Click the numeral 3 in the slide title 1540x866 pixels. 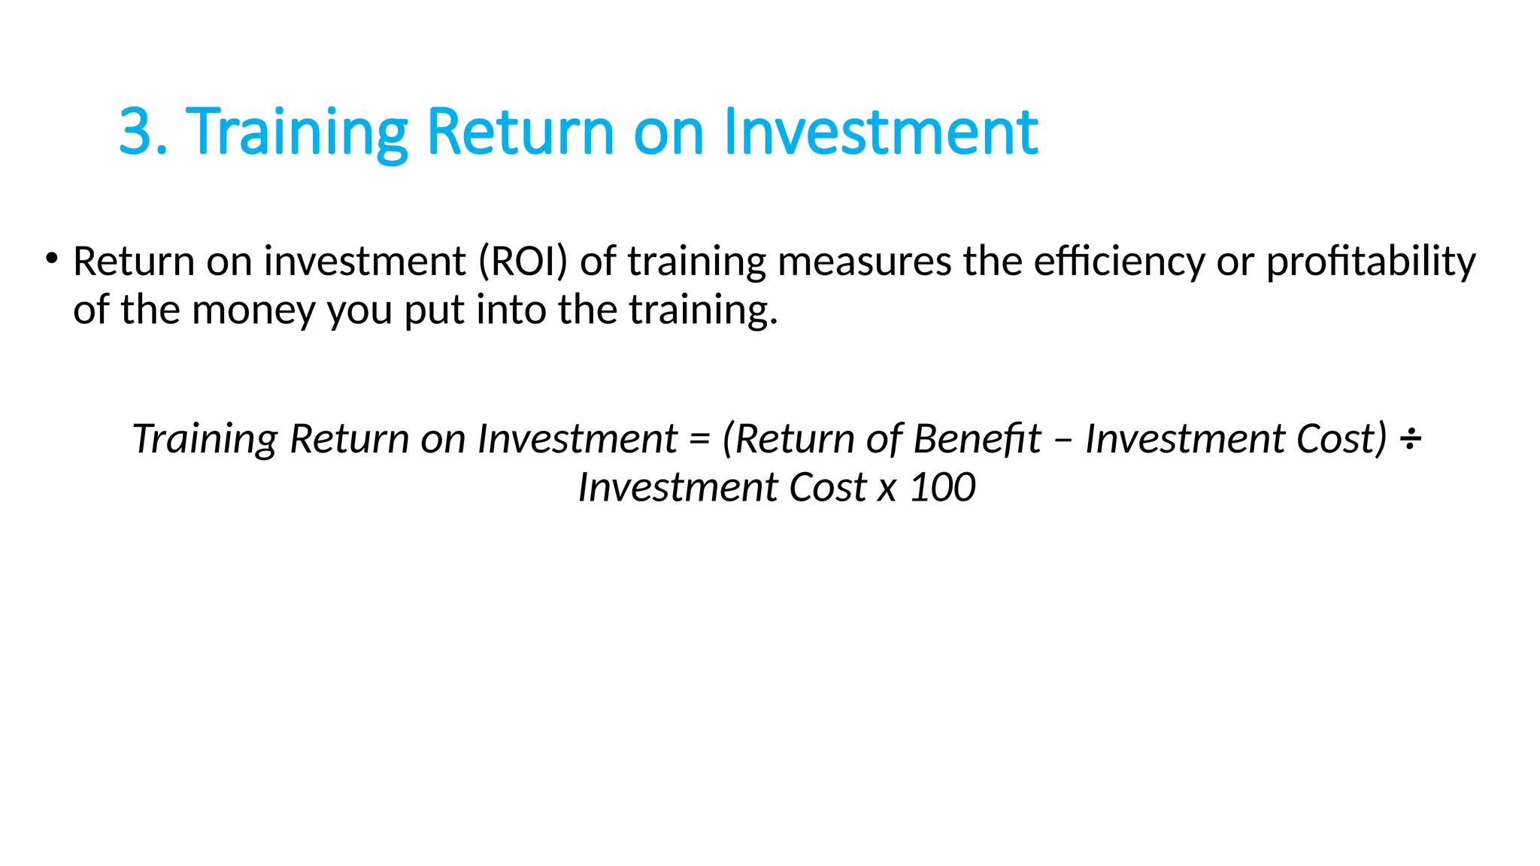coord(136,132)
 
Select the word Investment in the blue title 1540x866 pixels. coord(881,132)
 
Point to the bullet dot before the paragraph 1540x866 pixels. coord(51,259)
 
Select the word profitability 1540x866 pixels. coord(1371,262)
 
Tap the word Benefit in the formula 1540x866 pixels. coord(977,438)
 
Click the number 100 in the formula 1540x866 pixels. coord(943,487)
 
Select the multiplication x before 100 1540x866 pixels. coord(887,489)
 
